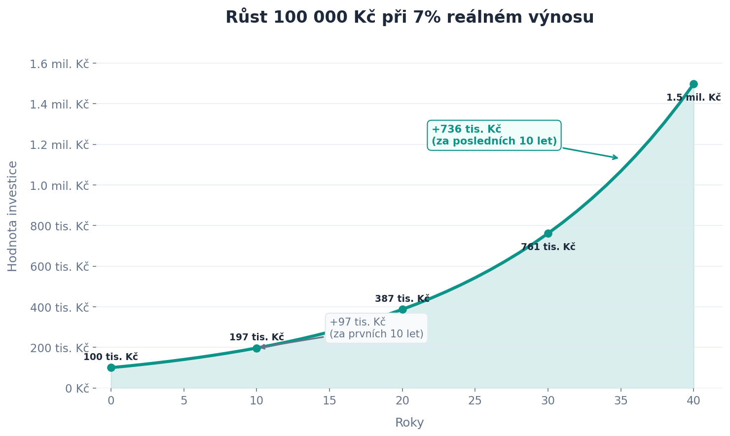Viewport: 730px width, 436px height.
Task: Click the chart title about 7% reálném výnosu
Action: [x=409, y=17]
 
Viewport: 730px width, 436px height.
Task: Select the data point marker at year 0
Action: [x=111, y=367]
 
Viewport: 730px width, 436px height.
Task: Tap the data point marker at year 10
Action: [x=256, y=348]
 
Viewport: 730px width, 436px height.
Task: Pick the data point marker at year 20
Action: [x=402, y=309]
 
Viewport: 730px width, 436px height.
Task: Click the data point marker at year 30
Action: [x=548, y=233]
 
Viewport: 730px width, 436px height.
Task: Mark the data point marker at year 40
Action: [x=693, y=84]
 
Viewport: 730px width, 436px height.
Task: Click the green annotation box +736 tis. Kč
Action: [x=494, y=135]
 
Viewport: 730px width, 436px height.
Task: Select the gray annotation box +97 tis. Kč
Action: [x=376, y=328]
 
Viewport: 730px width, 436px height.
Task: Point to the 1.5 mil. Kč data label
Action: [x=693, y=98]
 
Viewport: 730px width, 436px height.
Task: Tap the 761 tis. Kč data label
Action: [x=548, y=247]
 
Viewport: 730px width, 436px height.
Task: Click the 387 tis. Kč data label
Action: [x=402, y=299]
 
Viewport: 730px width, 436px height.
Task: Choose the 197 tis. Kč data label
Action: [x=256, y=337]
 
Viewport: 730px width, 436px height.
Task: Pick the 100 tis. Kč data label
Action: [x=110, y=357]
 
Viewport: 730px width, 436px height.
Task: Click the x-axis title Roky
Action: [x=409, y=423]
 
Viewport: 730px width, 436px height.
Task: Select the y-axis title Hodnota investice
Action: [x=13, y=216]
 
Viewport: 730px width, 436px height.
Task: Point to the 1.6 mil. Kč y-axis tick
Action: [x=59, y=64]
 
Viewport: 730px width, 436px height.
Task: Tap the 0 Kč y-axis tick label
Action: [x=77, y=388]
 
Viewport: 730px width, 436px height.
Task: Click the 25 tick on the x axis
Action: [x=475, y=401]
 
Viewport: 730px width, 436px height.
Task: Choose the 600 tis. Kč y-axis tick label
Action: [x=59, y=267]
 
